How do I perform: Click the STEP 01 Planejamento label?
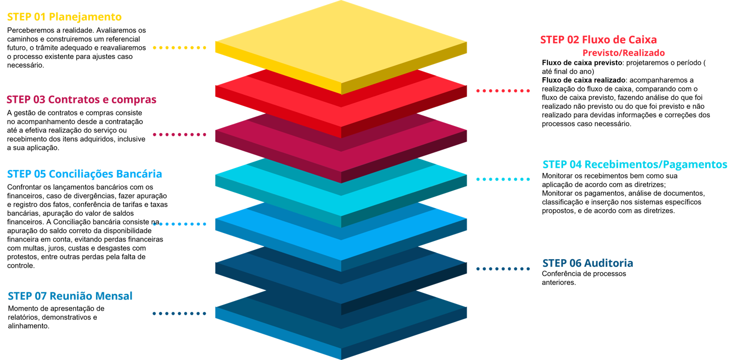[x=64, y=17]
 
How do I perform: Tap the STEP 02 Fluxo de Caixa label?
[x=598, y=40]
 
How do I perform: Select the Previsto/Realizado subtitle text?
[x=624, y=53]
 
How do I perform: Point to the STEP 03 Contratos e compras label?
[x=81, y=100]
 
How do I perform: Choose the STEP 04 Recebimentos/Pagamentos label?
[x=635, y=165]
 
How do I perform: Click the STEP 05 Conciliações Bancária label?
[x=85, y=174]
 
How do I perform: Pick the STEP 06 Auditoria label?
[x=588, y=263]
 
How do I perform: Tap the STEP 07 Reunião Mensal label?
[x=70, y=296]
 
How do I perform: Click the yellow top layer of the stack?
[x=341, y=43]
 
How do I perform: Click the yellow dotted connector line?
[x=180, y=48]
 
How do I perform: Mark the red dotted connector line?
[x=503, y=91]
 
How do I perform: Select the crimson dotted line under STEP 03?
[x=180, y=135]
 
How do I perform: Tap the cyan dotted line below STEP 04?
[x=503, y=179]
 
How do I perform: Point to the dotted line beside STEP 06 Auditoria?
[x=503, y=269]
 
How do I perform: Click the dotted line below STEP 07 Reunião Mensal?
[x=180, y=314]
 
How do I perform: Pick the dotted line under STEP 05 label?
[x=180, y=224]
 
